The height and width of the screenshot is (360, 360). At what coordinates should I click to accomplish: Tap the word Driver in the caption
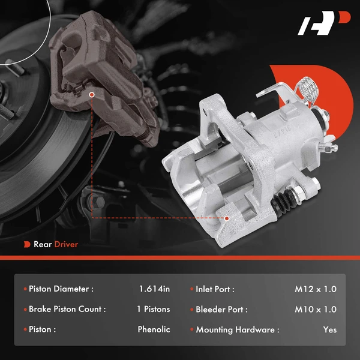pos(66,244)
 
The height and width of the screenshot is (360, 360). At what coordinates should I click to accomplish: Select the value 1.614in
pos(154,289)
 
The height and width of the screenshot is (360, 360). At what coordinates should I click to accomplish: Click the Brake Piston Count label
pos(67,310)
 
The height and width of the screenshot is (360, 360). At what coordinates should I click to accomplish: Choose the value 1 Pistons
pos(152,310)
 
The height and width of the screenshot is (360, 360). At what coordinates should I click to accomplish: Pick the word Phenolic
pos(154,329)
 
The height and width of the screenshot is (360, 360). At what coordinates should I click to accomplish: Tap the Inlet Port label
pos(215,289)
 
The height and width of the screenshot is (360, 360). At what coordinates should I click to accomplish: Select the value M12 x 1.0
pos(316,289)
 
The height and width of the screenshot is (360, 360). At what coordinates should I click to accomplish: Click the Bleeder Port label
pos(221,310)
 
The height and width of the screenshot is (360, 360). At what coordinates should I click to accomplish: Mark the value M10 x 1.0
pos(316,310)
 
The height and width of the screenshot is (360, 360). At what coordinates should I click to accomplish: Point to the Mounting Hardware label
pos(238,329)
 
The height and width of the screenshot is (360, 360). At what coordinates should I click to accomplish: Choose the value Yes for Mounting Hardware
pos(329,329)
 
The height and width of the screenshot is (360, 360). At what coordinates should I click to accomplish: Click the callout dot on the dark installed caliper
pos(92,94)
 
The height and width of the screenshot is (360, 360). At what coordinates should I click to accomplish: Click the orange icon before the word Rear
pos(26,244)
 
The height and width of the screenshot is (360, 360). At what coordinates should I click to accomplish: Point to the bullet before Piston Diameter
pos(25,289)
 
